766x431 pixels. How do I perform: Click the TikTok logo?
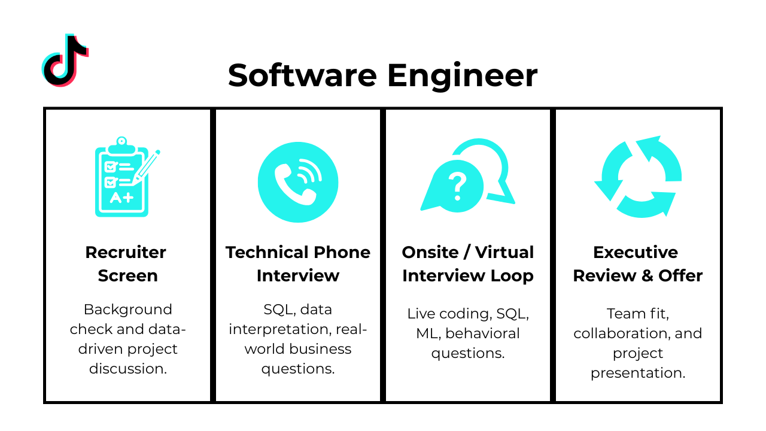(x=65, y=60)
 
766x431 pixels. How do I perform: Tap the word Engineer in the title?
(x=462, y=76)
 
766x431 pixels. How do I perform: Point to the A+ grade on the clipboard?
(x=121, y=198)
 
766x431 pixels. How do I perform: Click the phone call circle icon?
(x=298, y=182)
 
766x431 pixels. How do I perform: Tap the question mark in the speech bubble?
(x=457, y=186)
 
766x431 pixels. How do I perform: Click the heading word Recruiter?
(x=126, y=252)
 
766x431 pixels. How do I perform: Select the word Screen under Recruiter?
(x=127, y=276)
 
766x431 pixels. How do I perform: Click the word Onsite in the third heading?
(x=430, y=252)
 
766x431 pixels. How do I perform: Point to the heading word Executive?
(x=636, y=252)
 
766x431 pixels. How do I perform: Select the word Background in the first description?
(x=127, y=309)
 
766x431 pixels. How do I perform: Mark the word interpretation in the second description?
(x=280, y=329)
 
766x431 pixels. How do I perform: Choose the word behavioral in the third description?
(x=482, y=333)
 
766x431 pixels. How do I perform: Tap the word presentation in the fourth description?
(x=637, y=373)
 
